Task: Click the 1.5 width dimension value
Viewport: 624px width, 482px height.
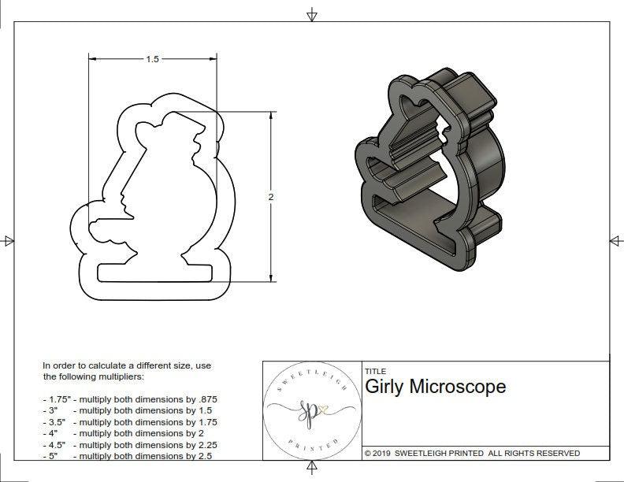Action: pos(152,59)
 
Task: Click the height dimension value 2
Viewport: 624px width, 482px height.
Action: pos(270,197)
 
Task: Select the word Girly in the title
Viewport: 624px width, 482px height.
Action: pos(385,387)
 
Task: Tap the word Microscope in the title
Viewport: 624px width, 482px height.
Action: pos(459,387)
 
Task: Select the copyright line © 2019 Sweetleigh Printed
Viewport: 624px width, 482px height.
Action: pos(472,453)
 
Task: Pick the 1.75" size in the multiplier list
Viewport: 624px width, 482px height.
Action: pos(56,399)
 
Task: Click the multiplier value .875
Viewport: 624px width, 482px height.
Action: pos(206,399)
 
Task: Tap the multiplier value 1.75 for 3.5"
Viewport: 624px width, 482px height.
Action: pos(206,422)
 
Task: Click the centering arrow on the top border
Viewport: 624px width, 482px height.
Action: pos(312,14)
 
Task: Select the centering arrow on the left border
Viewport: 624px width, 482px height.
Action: pos(8,240)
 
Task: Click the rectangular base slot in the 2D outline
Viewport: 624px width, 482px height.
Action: pos(154,271)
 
